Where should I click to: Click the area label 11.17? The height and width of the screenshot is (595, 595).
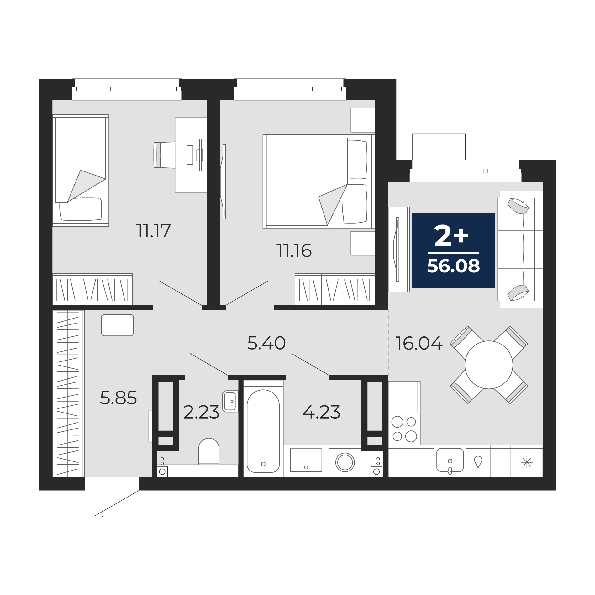153,231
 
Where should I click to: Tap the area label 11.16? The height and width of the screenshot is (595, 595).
294,251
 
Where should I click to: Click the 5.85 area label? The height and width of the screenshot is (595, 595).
118,398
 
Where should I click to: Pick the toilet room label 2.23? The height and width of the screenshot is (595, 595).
201,412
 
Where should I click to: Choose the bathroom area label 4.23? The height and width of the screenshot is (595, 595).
322,412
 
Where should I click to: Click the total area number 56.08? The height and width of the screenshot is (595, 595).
453,266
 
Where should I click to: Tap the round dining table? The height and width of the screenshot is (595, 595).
489,365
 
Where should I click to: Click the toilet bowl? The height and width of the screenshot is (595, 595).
209,451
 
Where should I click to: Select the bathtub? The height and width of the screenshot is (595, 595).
263,431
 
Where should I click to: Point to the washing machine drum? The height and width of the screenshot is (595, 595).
345,462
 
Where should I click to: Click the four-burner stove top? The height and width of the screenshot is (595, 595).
404,429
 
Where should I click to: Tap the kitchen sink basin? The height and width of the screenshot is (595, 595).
450,460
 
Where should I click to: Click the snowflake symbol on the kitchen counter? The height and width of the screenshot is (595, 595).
527,462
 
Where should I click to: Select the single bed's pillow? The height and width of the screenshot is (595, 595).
81,209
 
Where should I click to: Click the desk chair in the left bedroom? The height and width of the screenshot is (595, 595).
164,155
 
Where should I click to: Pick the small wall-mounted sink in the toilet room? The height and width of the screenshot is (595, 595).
230,401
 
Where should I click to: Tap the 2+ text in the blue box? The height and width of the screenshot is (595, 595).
451,236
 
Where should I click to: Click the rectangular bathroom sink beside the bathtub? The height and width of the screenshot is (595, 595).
306,460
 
